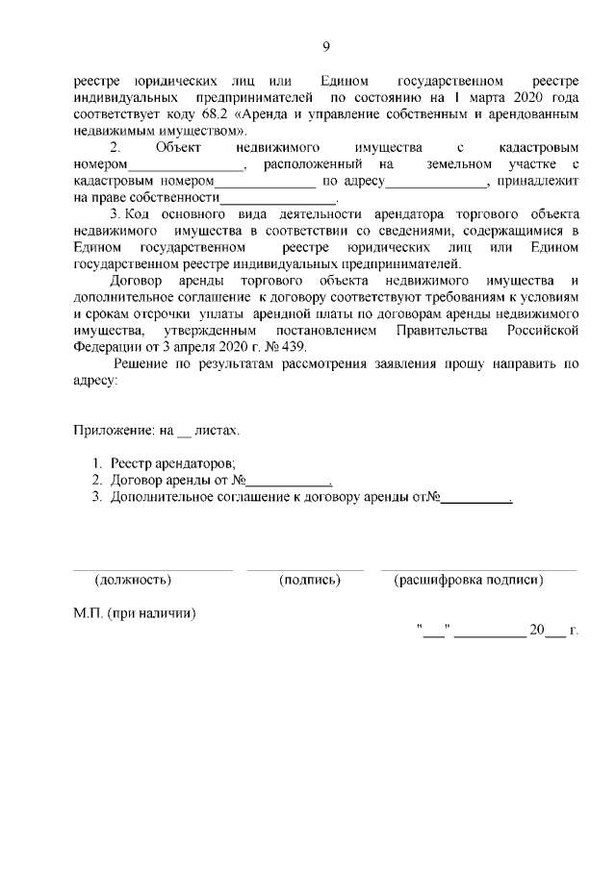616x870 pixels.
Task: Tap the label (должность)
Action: tap(133, 580)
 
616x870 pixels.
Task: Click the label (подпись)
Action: tap(310, 580)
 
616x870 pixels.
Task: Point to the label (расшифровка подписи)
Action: tap(469, 580)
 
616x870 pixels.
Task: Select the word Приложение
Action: tap(113, 432)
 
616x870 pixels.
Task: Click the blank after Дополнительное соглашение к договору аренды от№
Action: tap(475, 498)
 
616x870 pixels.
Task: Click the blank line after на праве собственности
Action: tap(279, 199)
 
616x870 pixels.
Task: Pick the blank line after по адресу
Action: tap(438, 182)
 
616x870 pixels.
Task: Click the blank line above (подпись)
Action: tap(305, 569)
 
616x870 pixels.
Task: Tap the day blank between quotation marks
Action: tap(434, 632)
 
